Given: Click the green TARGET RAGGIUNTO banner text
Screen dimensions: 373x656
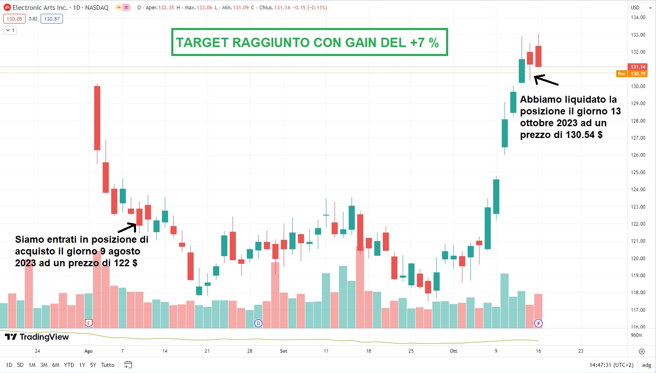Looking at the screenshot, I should (x=307, y=43).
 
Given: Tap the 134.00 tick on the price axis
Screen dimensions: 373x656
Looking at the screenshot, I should (x=638, y=17).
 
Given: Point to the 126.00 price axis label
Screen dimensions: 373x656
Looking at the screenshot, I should (x=638, y=155).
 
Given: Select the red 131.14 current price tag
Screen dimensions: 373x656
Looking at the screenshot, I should (x=637, y=67).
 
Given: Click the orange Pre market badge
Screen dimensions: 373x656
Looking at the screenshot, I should (x=621, y=74).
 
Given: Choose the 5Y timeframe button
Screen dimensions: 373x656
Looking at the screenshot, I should (x=93, y=365).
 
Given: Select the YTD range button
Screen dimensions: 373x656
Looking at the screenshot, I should (x=69, y=365).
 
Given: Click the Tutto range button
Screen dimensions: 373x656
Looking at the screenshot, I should (x=108, y=365).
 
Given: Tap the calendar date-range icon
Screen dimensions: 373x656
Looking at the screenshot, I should (x=128, y=365).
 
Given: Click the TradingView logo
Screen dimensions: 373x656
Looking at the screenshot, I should (x=37, y=337).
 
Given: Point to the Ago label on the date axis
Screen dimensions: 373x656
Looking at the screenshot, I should (x=88, y=351).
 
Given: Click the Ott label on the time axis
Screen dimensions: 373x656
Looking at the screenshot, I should (x=453, y=351).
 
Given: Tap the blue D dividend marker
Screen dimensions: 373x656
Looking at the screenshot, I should (x=258, y=323).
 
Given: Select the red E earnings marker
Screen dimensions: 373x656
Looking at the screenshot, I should (x=88, y=323).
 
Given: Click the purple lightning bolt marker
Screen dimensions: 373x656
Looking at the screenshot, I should (x=538, y=323).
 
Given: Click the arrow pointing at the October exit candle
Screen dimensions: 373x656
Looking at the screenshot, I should (x=546, y=80).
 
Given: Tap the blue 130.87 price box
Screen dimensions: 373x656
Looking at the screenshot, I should (x=52, y=19).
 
